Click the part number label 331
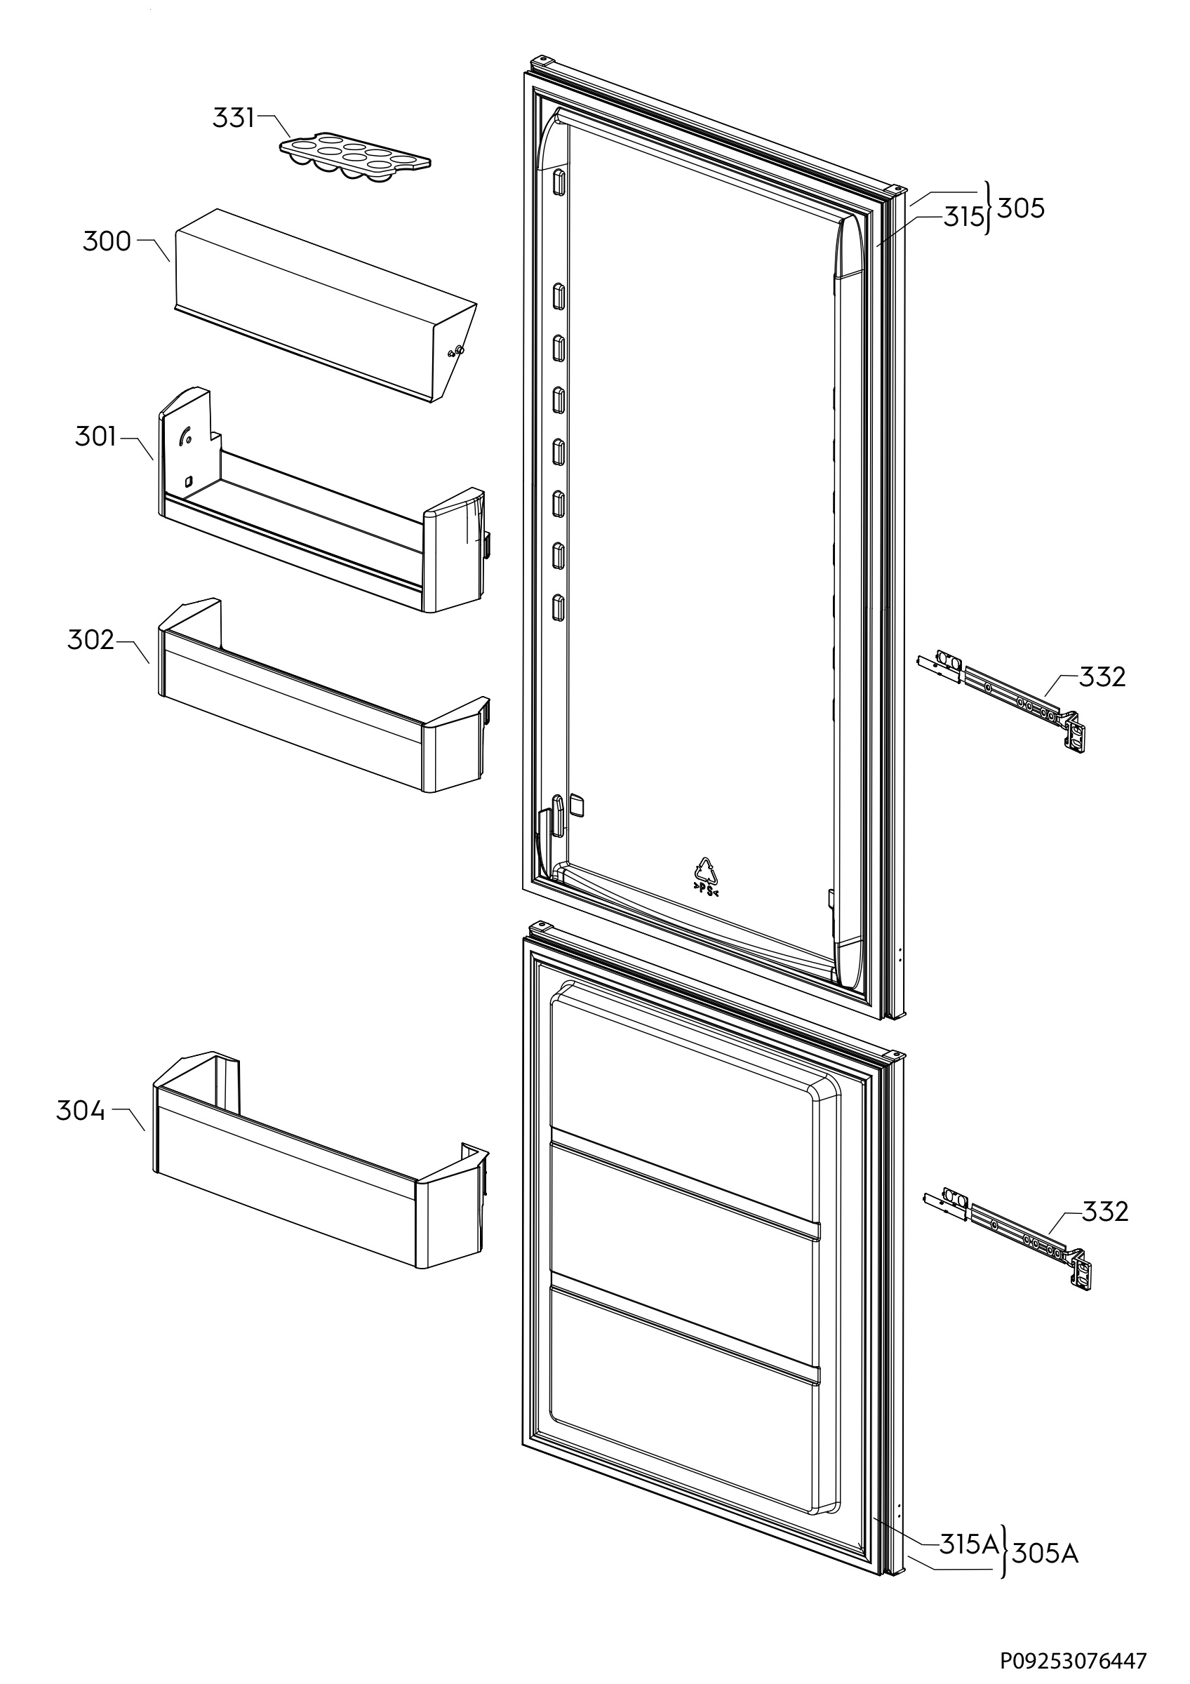[233, 117]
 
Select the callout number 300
[107, 241]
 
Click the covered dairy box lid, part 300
[323, 301]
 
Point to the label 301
[95, 437]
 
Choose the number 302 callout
[91, 641]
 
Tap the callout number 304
[80, 1111]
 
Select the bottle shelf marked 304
[315, 1166]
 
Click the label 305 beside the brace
[1021, 208]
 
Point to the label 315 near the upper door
[963, 217]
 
